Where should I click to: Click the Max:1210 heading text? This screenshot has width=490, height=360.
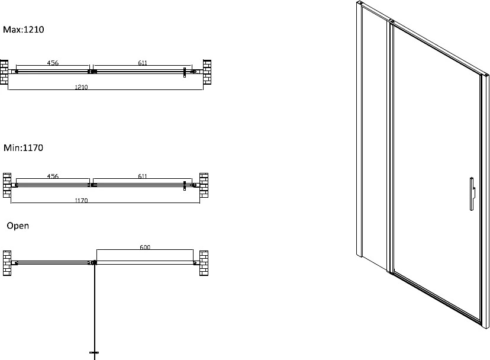[x=24, y=30]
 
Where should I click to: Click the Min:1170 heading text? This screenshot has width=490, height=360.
[x=23, y=147]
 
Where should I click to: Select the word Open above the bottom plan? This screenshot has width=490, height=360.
[x=18, y=226]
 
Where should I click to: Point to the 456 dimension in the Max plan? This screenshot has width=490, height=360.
[x=53, y=63]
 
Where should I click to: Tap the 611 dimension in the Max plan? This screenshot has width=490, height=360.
[x=143, y=63]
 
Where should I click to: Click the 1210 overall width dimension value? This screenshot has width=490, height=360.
[x=81, y=87]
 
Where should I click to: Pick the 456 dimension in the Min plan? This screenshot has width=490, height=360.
[x=53, y=176]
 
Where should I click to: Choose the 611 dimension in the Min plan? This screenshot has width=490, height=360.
[x=143, y=176]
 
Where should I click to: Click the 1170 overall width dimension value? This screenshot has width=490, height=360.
[x=81, y=200]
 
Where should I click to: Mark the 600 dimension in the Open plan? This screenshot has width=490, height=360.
[x=145, y=247]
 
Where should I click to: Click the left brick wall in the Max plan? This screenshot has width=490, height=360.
[x=4, y=72]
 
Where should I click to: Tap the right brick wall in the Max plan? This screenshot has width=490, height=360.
[x=207, y=72]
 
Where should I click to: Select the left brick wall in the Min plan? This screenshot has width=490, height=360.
[x=7, y=185]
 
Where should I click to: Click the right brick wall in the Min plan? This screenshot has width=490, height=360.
[x=204, y=185]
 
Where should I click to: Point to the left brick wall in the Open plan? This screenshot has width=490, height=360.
[x=7, y=263]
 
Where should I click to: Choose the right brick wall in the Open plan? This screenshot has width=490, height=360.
[x=204, y=263]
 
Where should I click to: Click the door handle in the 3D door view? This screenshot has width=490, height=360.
[x=472, y=194]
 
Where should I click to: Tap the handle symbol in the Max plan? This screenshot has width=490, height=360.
[x=185, y=72]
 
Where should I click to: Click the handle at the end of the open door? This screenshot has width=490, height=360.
[x=94, y=352]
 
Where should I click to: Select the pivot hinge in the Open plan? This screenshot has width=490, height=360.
[x=94, y=263]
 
